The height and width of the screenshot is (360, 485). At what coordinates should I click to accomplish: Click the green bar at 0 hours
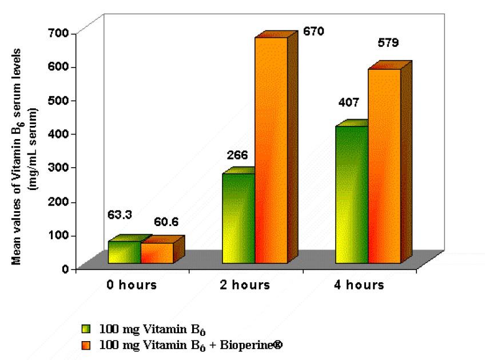[x=124, y=252]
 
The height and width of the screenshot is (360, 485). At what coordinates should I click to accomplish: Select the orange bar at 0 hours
[x=157, y=253]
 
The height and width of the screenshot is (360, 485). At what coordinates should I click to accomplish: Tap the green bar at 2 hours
[x=238, y=218]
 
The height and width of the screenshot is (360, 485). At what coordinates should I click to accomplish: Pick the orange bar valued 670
[x=271, y=150]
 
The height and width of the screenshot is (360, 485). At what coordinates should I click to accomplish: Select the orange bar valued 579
[x=384, y=166]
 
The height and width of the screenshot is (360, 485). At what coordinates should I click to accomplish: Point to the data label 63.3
[x=120, y=215]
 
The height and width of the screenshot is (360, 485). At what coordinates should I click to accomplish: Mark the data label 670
[x=313, y=31]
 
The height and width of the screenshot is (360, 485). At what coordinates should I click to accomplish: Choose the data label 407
[x=348, y=103]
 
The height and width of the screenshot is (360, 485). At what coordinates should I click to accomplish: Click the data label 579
[x=387, y=42]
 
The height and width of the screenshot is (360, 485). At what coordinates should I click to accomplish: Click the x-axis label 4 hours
[x=360, y=285]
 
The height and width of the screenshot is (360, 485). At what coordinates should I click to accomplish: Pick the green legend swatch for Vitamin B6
[x=87, y=330]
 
